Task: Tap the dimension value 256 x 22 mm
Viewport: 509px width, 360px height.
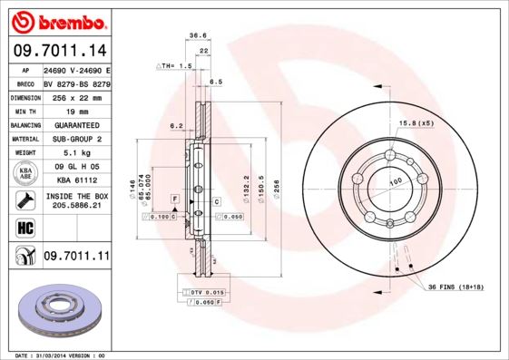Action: click(x=75, y=96)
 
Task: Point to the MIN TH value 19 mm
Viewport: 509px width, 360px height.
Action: click(x=75, y=110)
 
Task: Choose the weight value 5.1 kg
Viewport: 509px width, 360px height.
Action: click(x=75, y=153)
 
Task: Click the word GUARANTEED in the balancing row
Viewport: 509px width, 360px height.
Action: click(x=75, y=124)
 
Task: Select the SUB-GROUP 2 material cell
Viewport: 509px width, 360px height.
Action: click(x=75, y=139)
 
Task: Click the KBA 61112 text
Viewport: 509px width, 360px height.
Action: click(x=75, y=180)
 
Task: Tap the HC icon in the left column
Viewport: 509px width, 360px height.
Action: click(x=24, y=227)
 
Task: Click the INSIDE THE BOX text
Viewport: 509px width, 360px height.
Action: click(x=76, y=196)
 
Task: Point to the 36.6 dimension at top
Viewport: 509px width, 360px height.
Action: click(x=194, y=35)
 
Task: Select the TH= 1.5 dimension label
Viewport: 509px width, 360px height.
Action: click(x=176, y=66)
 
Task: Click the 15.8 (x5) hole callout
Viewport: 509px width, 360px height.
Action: click(x=416, y=122)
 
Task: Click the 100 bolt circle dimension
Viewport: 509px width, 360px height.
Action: click(x=396, y=182)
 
